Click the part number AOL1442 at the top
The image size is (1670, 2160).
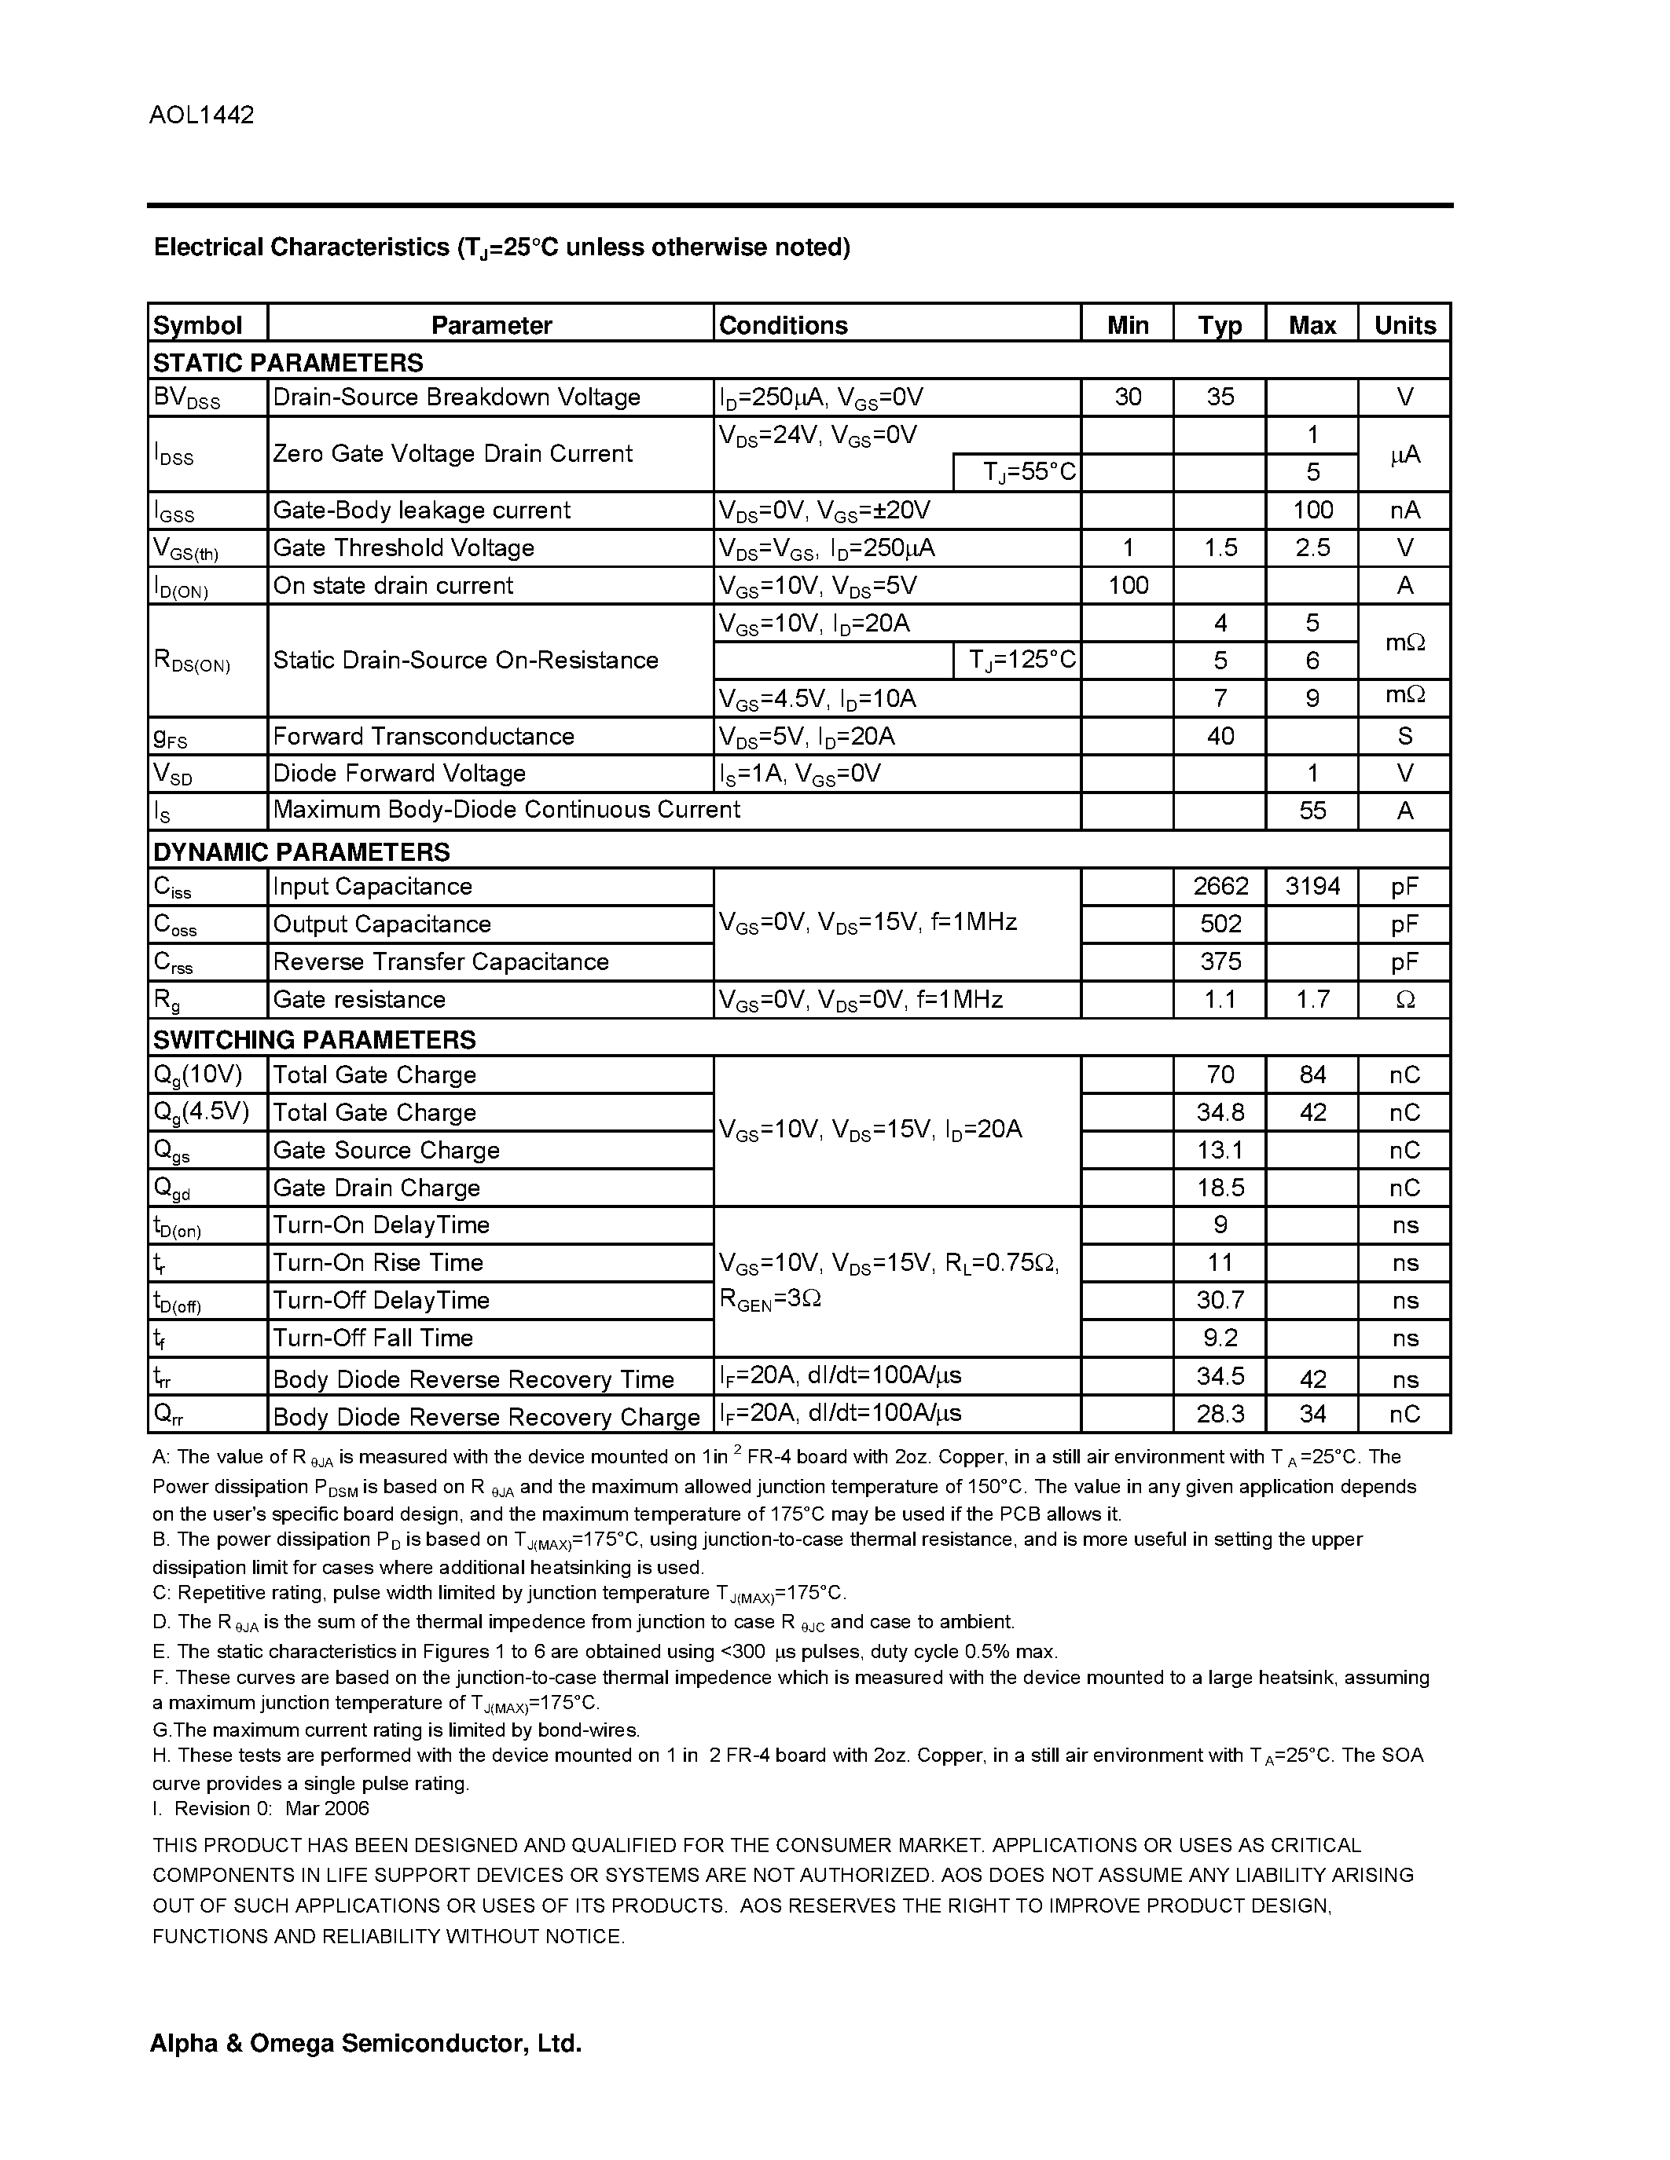tap(202, 115)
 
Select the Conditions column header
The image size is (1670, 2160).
tap(783, 325)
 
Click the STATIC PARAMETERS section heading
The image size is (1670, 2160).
tap(288, 362)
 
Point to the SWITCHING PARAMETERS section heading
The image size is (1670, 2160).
tap(314, 1039)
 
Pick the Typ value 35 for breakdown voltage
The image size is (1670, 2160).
tap(1220, 397)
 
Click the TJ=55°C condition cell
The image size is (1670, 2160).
tap(1029, 472)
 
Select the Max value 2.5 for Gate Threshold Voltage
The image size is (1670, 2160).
tap(1312, 548)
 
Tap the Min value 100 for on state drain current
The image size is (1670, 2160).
tap(1128, 585)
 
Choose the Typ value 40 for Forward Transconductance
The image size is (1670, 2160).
tap(1220, 736)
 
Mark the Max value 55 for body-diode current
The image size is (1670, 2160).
tap(1312, 811)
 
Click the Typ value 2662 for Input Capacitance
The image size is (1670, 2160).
tap(1220, 886)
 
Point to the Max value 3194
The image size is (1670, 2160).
tap(1312, 886)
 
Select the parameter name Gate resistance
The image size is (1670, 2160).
tap(359, 1000)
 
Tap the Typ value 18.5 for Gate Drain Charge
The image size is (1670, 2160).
tap(1220, 1188)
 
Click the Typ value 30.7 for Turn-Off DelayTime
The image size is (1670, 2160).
tap(1220, 1301)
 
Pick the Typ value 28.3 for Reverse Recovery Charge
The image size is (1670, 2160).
tap(1220, 1415)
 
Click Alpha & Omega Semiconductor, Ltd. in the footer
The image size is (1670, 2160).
tap(365, 2043)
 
